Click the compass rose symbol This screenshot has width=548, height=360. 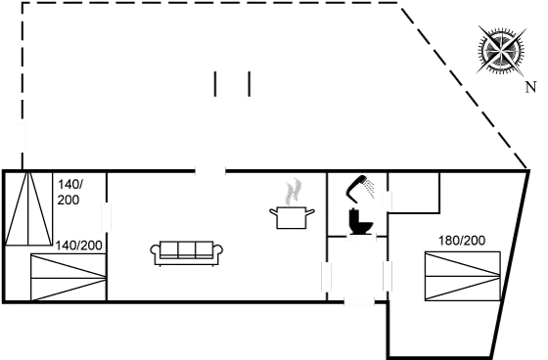pyautogui.click(x=500, y=50)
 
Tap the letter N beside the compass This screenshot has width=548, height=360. pyautogui.click(x=529, y=88)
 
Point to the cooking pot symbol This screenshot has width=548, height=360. pyautogui.click(x=292, y=216)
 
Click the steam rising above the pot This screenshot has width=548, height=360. pyautogui.click(x=291, y=190)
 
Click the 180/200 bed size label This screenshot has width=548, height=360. pyautogui.click(x=461, y=240)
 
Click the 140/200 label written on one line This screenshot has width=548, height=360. pyautogui.click(x=79, y=245)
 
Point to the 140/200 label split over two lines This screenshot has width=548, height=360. pyautogui.click(x=69, y=191)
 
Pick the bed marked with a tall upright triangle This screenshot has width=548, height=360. pyautogui.click(x=29, y=208)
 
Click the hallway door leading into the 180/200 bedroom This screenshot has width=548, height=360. pyautogui.click(x=387, y=278)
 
